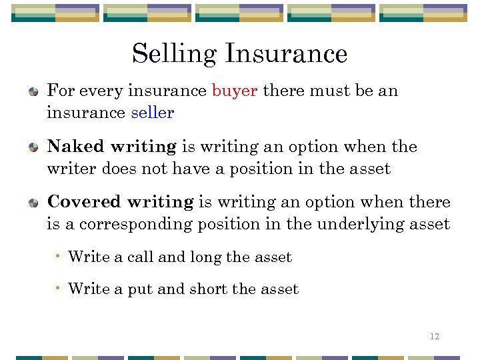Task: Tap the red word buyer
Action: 235,91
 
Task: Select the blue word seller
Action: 153,113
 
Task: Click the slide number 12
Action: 435,337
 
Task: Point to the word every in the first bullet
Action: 95,91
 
